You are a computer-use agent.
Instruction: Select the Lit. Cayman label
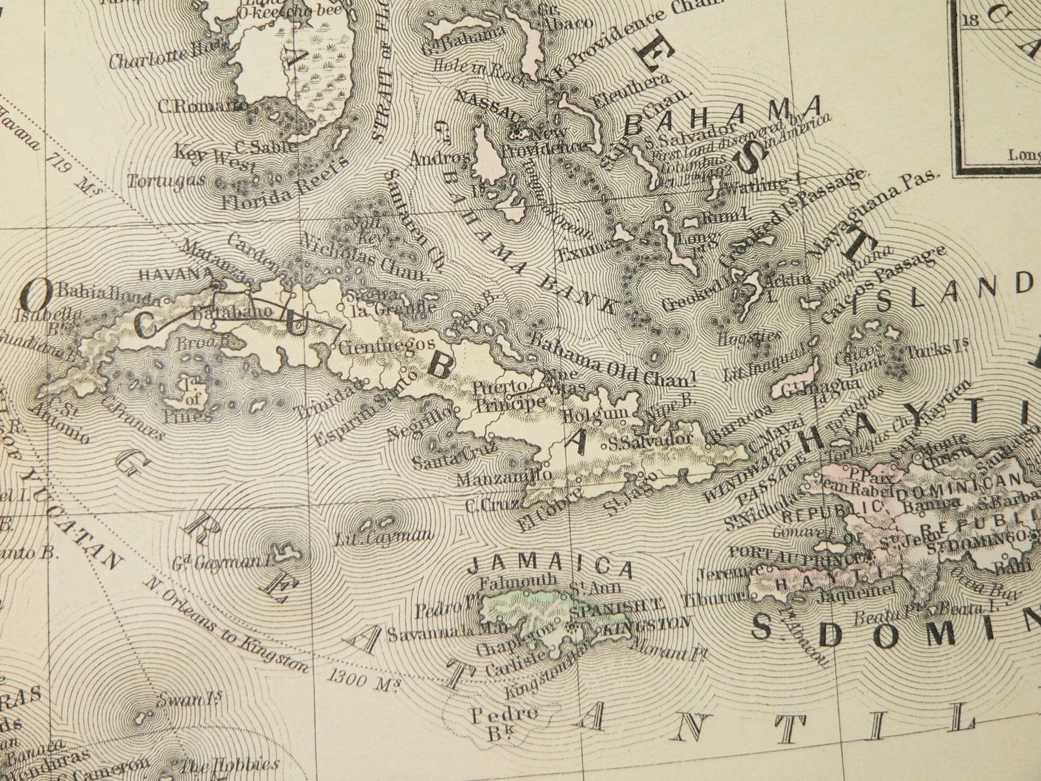coord(383,538)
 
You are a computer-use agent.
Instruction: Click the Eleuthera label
coord(631,92)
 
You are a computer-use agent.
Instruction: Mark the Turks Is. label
coord(930,349)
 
